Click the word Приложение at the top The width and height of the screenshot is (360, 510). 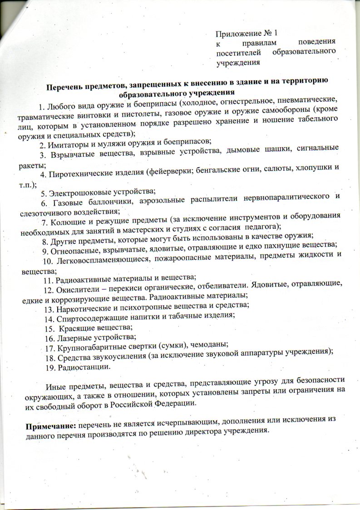[x=239, y=34]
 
